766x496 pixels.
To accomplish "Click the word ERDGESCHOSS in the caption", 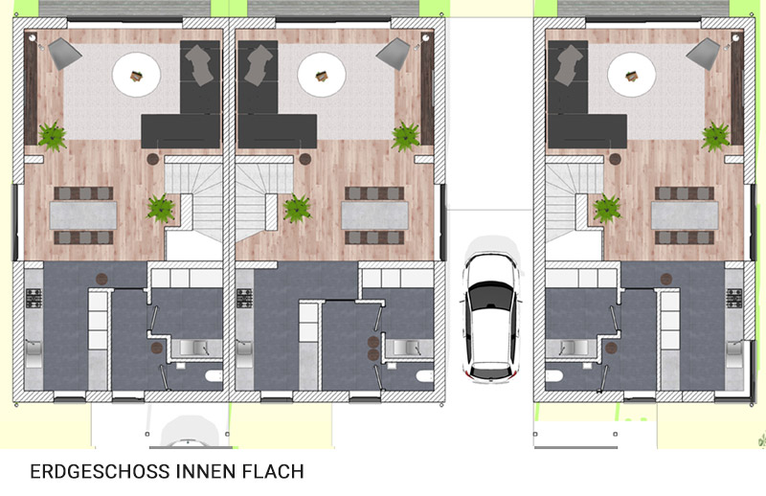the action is tap(101, 471).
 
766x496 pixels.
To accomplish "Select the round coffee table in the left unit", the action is tap(136, 76).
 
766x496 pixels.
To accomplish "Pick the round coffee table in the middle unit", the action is tap(322, 76).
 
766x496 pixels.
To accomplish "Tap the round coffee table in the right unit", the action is tap(631, 76).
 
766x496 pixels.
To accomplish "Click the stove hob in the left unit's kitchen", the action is tap(34, 298).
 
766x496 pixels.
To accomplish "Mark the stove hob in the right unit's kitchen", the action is tap(733, 298).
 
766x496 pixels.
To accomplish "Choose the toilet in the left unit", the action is tap(214, 375).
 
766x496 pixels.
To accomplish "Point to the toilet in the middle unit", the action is tap(424, 375).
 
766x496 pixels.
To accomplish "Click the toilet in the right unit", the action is tap(554, 375).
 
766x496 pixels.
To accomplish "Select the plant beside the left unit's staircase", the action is tap(161, 209).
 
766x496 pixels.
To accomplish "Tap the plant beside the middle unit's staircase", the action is tap(297, 209).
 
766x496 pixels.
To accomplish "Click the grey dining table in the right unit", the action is tap(685, 215).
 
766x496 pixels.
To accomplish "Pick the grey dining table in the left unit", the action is tap(83, 215).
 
